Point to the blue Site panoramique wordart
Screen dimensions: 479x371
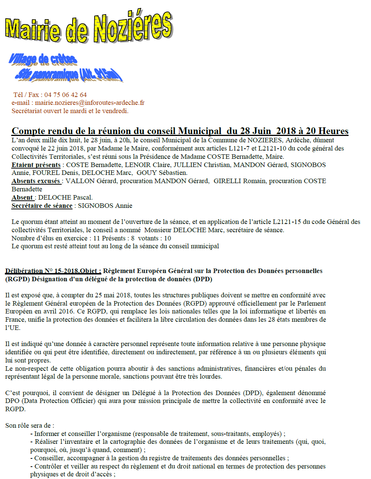click(69, 75)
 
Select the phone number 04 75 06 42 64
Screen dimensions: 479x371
click(65, 95)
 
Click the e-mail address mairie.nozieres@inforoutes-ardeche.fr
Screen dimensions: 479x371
click(90, 103)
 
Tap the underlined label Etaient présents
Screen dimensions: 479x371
click(36, 165)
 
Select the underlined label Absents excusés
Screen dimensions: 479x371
click(36, 181)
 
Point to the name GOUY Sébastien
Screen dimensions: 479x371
click(162, 173)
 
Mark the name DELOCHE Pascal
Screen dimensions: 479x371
click(65, 197)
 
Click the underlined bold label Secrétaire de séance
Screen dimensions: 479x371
click(42, 206)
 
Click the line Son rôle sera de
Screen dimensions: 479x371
click(30, 425)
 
